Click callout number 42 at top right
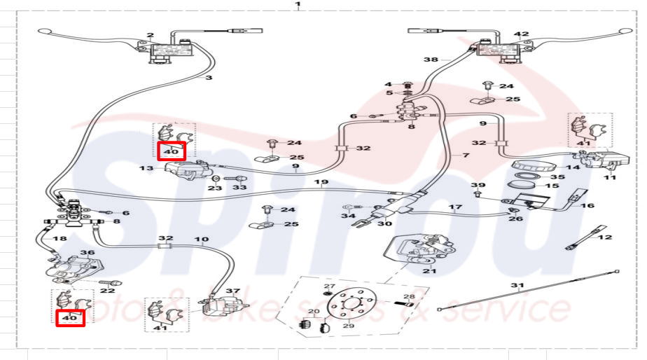[521, 34]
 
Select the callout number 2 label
[151, 35]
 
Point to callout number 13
[146, 169]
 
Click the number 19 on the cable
[321, 183]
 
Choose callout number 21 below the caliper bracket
[429, 271]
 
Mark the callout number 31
[517, 285]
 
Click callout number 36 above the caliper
[88, 253]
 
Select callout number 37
[232, 291]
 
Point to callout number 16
[587, 206]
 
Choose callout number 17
[455, 207]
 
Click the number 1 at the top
[298, 4]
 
